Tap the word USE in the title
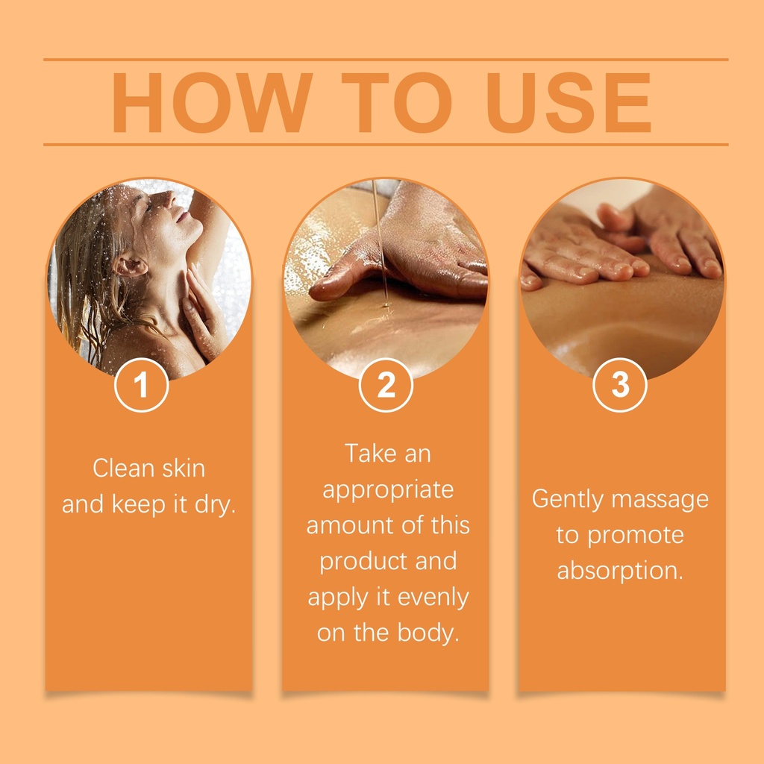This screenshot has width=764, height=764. click(x=569, y=102)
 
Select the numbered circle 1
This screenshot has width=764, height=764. click(x=141, y=385)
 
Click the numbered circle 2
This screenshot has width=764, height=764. click(x=386, y=385)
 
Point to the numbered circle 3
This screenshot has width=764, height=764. click(x=620, y=385)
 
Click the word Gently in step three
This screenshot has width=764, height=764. click(x=567, y=500)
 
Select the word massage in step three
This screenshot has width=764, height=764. click(x=660, y=500)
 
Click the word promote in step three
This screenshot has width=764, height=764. click(x=636, y=536)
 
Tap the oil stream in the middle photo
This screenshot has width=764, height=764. click(x=380, y=244)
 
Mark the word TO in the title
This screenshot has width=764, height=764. click(x=397, y=102)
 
